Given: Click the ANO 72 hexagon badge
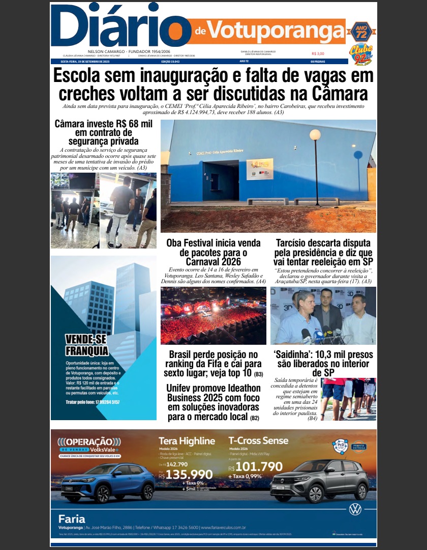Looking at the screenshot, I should coord(360,32).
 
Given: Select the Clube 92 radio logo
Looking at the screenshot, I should coord(360,52).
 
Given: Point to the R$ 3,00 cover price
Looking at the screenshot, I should coord(318,53).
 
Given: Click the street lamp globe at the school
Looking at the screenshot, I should coord(315,134).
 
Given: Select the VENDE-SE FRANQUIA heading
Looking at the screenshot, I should coord(87,345).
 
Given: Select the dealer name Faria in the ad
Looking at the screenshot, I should coord(72,519).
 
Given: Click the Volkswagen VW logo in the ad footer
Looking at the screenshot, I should coord(354,509).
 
